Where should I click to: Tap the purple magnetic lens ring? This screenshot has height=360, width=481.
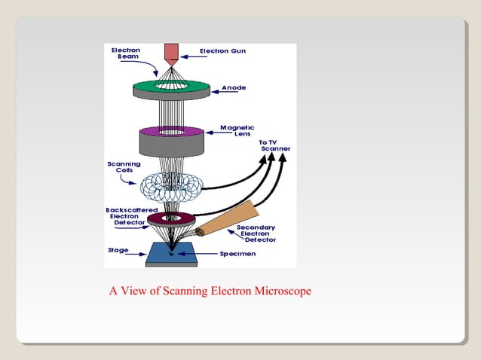click(x=188, y=132)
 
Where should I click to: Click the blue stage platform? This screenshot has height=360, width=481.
click(x=171, y=254)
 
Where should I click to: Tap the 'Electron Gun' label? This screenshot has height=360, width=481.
click(x=223, y=51)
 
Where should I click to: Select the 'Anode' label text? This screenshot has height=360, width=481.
click(x=233, y=88)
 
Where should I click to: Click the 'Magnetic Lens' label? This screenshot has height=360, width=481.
click(x=237, y=130)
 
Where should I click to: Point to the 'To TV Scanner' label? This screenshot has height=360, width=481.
click(x=274, y=145)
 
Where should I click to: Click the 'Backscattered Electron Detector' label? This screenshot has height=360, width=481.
click(x=130, y=215)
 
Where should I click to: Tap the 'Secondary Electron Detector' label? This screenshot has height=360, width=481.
click(x=256, y=233)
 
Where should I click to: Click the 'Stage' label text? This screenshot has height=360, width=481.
click(x=118, y=250)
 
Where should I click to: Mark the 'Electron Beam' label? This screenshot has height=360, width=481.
click(x=125, y=53)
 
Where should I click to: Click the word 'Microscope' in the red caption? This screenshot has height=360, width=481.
click(x=283, y=291)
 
